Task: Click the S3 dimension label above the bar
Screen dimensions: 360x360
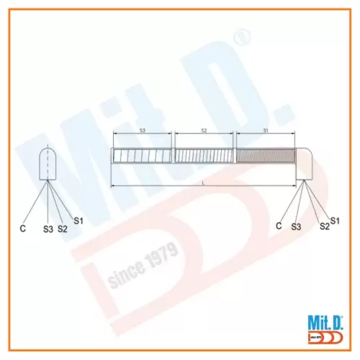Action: [142, 130]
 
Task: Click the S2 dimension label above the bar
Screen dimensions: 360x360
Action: [204, 130]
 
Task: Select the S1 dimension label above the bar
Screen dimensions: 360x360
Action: [265, 130]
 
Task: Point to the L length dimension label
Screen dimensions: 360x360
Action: [204, 184]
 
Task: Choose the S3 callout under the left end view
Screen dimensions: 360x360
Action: [48, 229]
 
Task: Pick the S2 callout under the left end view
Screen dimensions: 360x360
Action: [63, 228]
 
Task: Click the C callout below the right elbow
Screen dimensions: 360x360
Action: [279, 225]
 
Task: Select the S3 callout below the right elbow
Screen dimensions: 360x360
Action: [296, 227]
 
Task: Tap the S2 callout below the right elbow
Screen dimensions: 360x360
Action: [325, 226]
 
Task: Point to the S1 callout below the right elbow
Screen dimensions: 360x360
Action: [335, 219]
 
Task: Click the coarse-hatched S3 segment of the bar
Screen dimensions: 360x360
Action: [143, 156]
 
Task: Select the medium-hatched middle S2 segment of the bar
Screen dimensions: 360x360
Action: [205, 156]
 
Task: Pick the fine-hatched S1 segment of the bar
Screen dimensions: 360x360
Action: [265, 156]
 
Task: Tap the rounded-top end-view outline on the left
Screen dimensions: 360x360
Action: [49, 163]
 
